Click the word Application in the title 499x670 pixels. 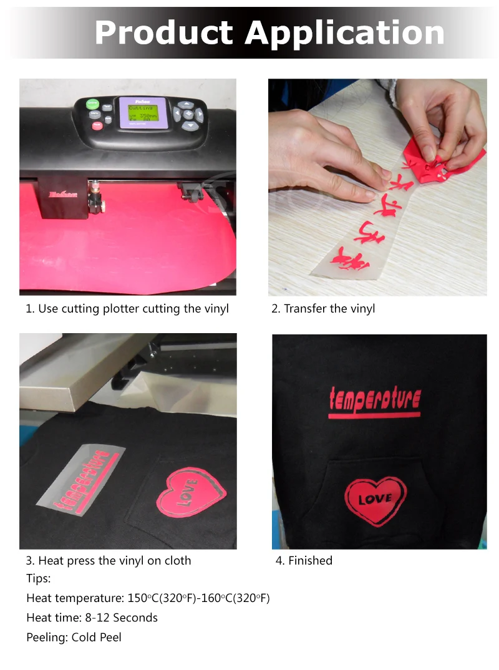pyautogui.click(x=345, y=34)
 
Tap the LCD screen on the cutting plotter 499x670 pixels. pyautogui.click(x=143, y=114)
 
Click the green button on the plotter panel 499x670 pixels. pyautogui.click(x=92, y=104)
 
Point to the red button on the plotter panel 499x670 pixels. pyautogui.click(x=97, y=125)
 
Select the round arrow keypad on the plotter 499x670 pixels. pyautogui.click(x=188, y=115)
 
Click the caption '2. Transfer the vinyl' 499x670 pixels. pyautogui.click(x=323, y=309)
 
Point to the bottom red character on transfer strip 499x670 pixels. pyautogui.click(x=346, y=258)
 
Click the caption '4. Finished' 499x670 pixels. pyautogui.click(x=304, y=560)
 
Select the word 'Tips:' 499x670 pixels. pyautogui.click(x=39, y=578)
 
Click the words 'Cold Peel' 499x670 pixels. pyautogui.click(x=97, y=637)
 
